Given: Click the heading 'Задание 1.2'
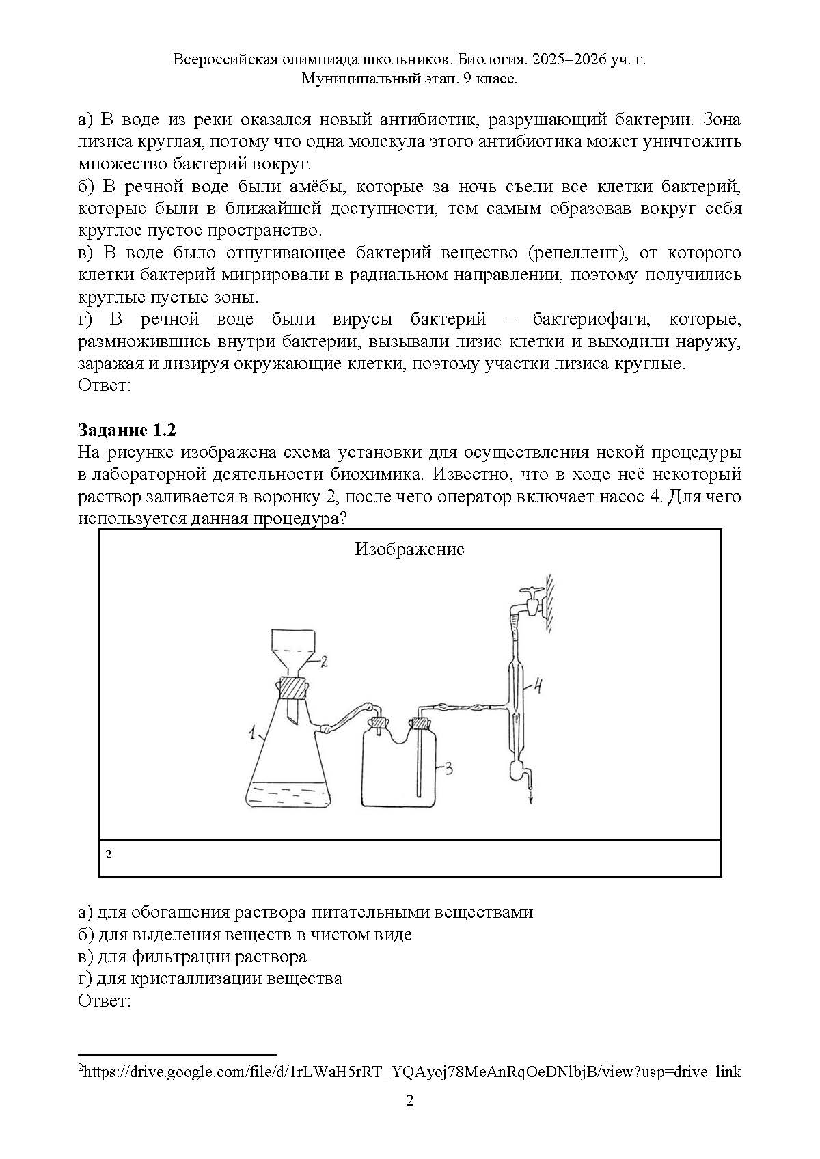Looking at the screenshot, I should (127, 430).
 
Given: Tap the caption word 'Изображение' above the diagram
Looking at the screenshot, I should (409, 549).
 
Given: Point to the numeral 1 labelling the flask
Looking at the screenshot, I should (252, 735).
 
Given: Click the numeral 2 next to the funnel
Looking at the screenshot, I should (325, 661).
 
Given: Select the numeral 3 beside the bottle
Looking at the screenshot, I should (449, 769).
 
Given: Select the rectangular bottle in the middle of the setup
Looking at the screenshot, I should (397, 769).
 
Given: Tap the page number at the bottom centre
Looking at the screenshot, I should (410, 1100).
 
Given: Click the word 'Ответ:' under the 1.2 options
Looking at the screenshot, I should (104, 1000).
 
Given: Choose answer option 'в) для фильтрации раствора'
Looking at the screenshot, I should (193, 956).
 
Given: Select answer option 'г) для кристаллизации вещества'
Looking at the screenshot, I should (210, 978).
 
